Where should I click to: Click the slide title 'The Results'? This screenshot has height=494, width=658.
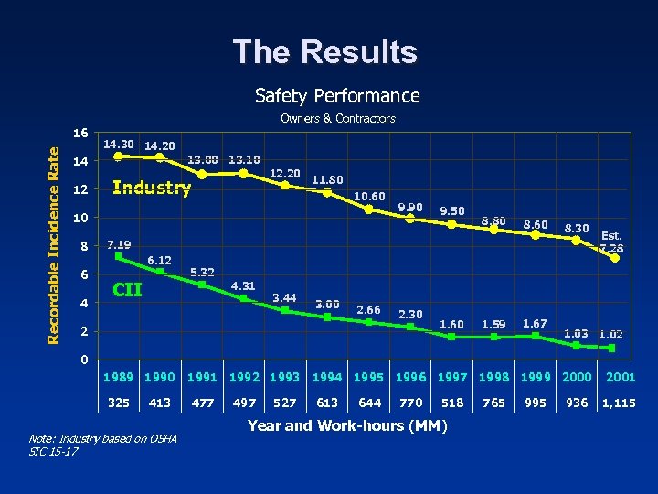[x=324, y=52]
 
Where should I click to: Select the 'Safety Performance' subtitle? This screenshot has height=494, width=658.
[x=337, y=96]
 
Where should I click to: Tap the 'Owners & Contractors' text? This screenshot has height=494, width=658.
[x=337, y=119]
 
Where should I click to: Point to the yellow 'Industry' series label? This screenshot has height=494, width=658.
[x=151, y=188]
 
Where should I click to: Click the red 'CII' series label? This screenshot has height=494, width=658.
[x=126, y=291]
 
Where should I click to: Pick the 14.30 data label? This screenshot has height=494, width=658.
[x=118, y=145]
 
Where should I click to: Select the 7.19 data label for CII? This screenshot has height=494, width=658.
[x=118, y=245]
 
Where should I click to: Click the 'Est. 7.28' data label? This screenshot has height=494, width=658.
[x=611, y=242]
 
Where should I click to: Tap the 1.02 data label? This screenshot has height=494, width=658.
[x=610, y=335]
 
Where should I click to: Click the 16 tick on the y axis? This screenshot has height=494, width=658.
[x=80, y=133]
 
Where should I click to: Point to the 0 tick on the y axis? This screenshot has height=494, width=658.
[x=84, y=360]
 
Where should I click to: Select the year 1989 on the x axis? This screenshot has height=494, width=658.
[x=118, y=377]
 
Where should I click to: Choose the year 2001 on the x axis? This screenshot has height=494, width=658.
[x=620, y=377]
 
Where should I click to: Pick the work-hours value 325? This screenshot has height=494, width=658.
[x=118, y=403]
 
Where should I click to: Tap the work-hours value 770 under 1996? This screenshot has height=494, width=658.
[x=410, y=403]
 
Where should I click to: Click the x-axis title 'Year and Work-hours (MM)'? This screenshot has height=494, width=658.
[x=346, y=425]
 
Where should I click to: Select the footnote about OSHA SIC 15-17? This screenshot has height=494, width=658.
[x=103, y=446]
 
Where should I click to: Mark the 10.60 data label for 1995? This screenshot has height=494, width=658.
[x=369, y=197]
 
